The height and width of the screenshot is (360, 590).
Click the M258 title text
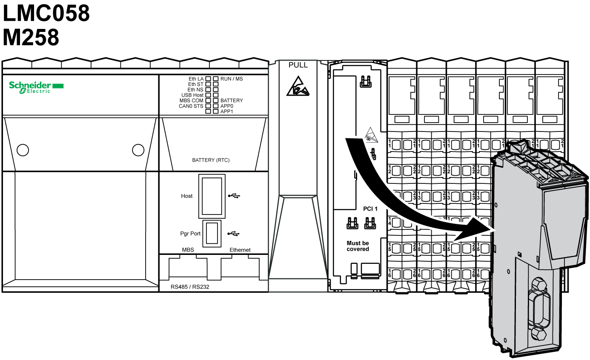(31, 37)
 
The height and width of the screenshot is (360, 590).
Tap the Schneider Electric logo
(36, 87)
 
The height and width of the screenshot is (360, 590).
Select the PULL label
(298, 65)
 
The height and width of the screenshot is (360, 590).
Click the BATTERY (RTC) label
(211, 160)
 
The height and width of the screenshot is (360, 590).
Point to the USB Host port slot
(212, 196)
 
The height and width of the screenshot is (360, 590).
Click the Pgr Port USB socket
(212, 233)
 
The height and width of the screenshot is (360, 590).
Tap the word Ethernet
(240, 250)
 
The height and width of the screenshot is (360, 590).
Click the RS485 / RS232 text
(190, 287)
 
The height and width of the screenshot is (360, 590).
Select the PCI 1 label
(370, 209)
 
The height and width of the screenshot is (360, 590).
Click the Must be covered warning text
(358, 246)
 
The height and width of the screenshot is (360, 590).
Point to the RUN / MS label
(232, 79)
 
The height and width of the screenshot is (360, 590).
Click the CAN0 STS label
(191, 106)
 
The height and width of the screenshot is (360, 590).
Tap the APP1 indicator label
(226, 111)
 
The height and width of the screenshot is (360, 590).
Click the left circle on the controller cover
(23, 150)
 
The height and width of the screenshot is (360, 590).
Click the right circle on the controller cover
(138, 150)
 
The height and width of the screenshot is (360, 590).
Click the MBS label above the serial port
(188, 250)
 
